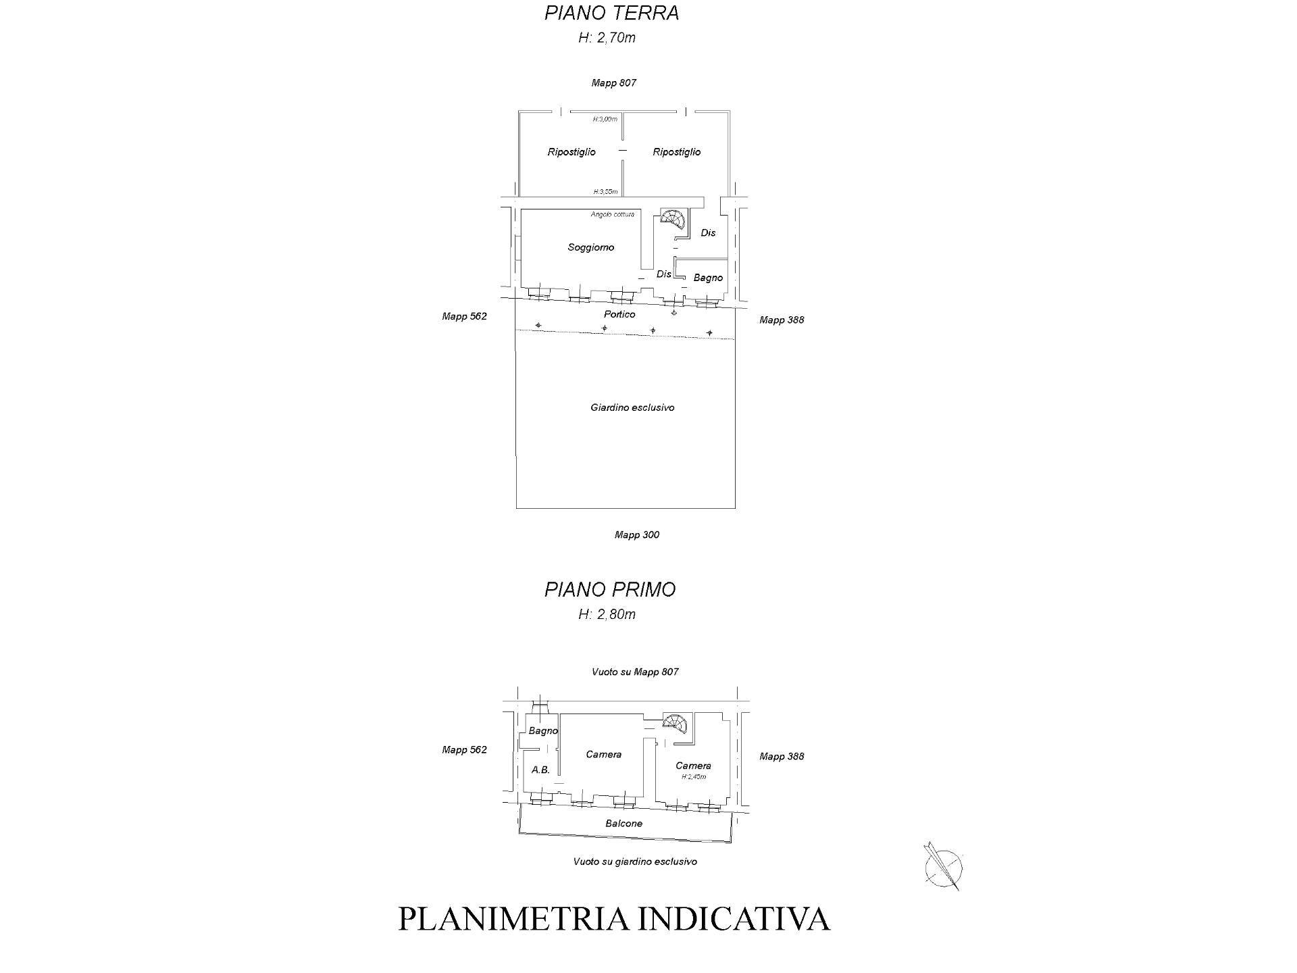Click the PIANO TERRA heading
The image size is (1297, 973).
tap(611, 14)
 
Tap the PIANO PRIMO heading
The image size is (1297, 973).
tap(610, 589)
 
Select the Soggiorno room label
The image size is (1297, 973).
tap(590, 247)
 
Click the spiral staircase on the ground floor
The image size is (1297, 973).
tap(673, 220)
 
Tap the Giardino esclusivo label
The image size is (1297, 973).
tap(632, 407)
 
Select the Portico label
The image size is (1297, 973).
tap(619, 314)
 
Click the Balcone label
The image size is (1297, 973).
tap(624, 823)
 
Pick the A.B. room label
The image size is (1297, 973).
tap(540, 770)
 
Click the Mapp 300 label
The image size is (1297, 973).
tap(636, 534)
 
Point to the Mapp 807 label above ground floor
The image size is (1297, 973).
tap(613, 83)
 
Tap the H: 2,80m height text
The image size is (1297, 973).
tap(607, 614)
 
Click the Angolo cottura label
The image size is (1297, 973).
tap(612, 214)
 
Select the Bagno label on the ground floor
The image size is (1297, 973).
tap(708, 278)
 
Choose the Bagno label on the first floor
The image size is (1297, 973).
tap(542, 730)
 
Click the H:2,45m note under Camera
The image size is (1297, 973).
tap(693, 777)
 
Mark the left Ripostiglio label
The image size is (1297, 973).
tap(571, 152)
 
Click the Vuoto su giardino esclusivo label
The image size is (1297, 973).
tap(634, 862)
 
